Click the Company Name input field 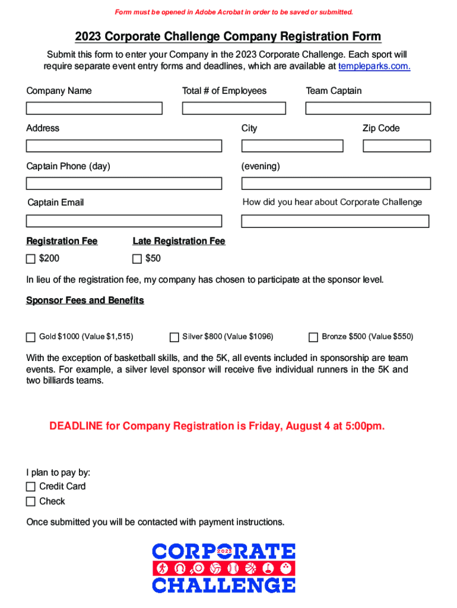pos(94,109)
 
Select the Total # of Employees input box pos(234,109)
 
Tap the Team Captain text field pos(368,109)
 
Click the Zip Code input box pos(396,146)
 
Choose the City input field pos(292,146)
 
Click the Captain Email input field pos(123,221)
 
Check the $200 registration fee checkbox pos(31,259)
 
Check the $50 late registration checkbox pos(137,259)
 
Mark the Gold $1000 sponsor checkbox pos(31,337)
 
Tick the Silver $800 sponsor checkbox pos(174,337)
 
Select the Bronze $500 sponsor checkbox pos(313,337)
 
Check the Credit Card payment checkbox pos(31,487)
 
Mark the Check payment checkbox pos(31,502)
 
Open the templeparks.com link pos(374,66)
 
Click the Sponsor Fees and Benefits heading pos(85,300)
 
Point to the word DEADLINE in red pos(75,426)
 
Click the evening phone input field pos(335,183)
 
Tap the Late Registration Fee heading pos(179,241)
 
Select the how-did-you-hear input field pos(335,221)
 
